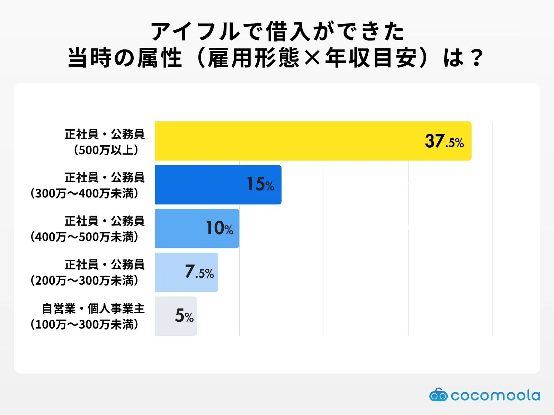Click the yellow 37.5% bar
(287, 141)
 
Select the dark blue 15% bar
(201, 185)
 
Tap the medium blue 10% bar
(180, 228)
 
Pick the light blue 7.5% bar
(170, 272)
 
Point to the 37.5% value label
(444, 141)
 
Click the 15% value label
(260, 184)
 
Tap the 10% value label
(220, 228)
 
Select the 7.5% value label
(199, 272)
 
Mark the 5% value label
(184, 316)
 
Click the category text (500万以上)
(107, 150)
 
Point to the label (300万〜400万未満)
(85, 193)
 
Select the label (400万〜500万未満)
(85, 237)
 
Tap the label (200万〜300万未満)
(85, 280)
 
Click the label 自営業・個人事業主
(93, 308)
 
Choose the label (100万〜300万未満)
(85, 324)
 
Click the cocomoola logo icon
(438, 395)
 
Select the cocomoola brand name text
(495, 395)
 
